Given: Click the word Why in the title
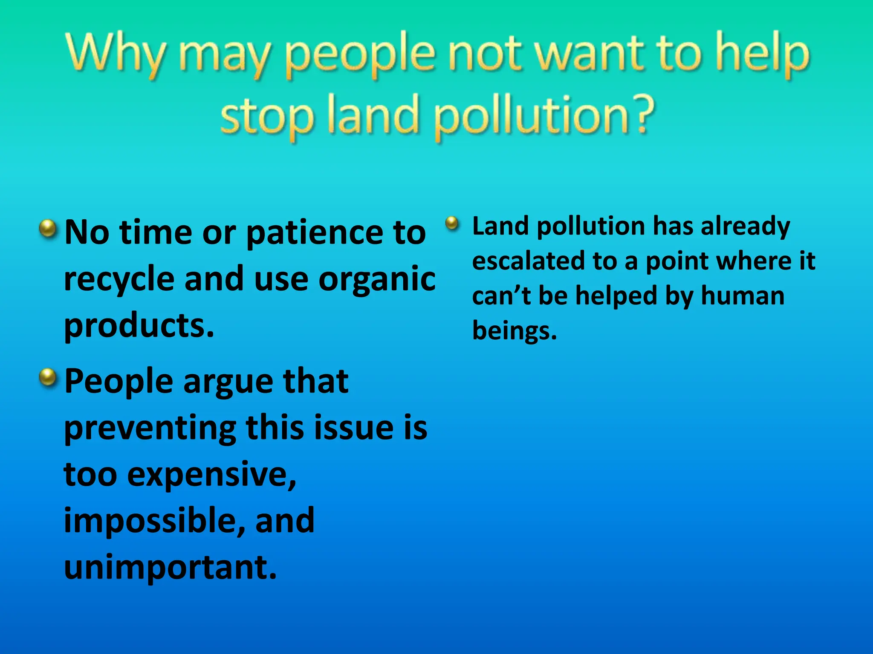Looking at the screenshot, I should [115, 53].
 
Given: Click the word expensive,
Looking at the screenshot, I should [211, 475].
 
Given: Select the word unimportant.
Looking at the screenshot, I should [170, 568].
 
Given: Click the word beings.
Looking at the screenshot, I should [514, 331].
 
